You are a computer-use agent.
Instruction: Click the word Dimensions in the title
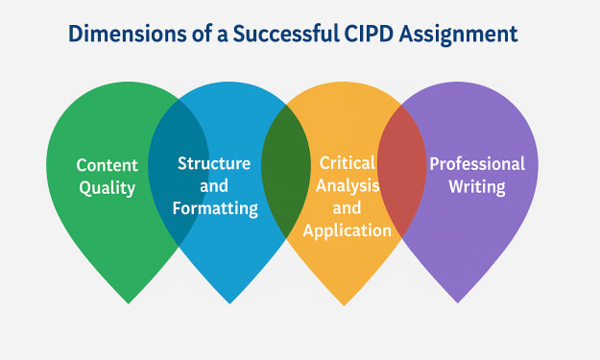pyautogui.click(x=128, y=34)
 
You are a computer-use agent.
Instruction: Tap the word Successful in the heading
pyautogui.click(x=286, y=34)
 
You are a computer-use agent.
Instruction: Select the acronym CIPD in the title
pyautogui.click(x=369, y=34)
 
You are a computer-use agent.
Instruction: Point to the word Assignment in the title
pyautogui.click(x=459, y=35)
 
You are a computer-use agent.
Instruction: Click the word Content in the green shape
pyautogui.click(x=108, y=165)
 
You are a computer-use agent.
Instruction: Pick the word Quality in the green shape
pyautogui.click(x=108, y=188)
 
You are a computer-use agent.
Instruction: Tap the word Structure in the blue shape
pyautogui.click(x=214, y=163)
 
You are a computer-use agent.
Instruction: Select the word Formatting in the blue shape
pyautogui.click(x=215, y=208)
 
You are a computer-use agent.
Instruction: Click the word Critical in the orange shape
pyautogui.click(x=348, y=163)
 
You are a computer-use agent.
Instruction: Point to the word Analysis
pyautogui.click(x=348, y=186)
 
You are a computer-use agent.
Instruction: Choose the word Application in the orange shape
pyautogui.click(x=348, y=230)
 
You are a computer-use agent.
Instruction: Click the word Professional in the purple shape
pyautogui.click(x=477, y=164)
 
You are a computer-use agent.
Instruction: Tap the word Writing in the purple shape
pyautogui.click(x=477, y=186)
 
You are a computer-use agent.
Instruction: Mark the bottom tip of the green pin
pyautogui.click(x=129, y=303)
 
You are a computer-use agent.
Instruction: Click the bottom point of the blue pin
pyautogui.click(x=229, y=303)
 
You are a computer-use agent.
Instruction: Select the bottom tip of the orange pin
pyautogui.click(x=344, y=305)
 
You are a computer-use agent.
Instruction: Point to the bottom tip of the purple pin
pyautogui.click(x=457, y=303)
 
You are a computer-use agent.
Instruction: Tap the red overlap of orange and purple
pyautogui.click(x=402, y=170)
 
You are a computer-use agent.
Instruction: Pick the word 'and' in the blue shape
pyautogui.click(x=214, y=186)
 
